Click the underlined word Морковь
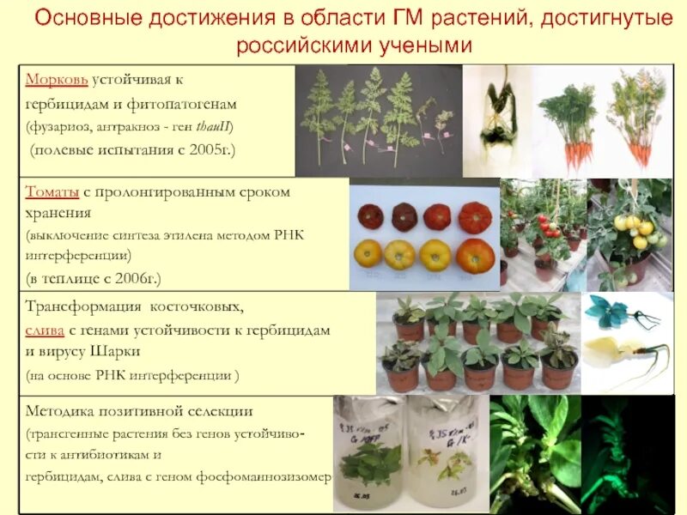pyautogui.click(x=57, y=80)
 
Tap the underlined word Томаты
pyautogui.click(x=54, y=192)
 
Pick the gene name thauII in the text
pyautogui.click(x=213, y=127)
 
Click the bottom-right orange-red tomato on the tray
pyautogui.click(x=475, y=255)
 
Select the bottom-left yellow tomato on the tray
pyautogui.click(x=369, y=253)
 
